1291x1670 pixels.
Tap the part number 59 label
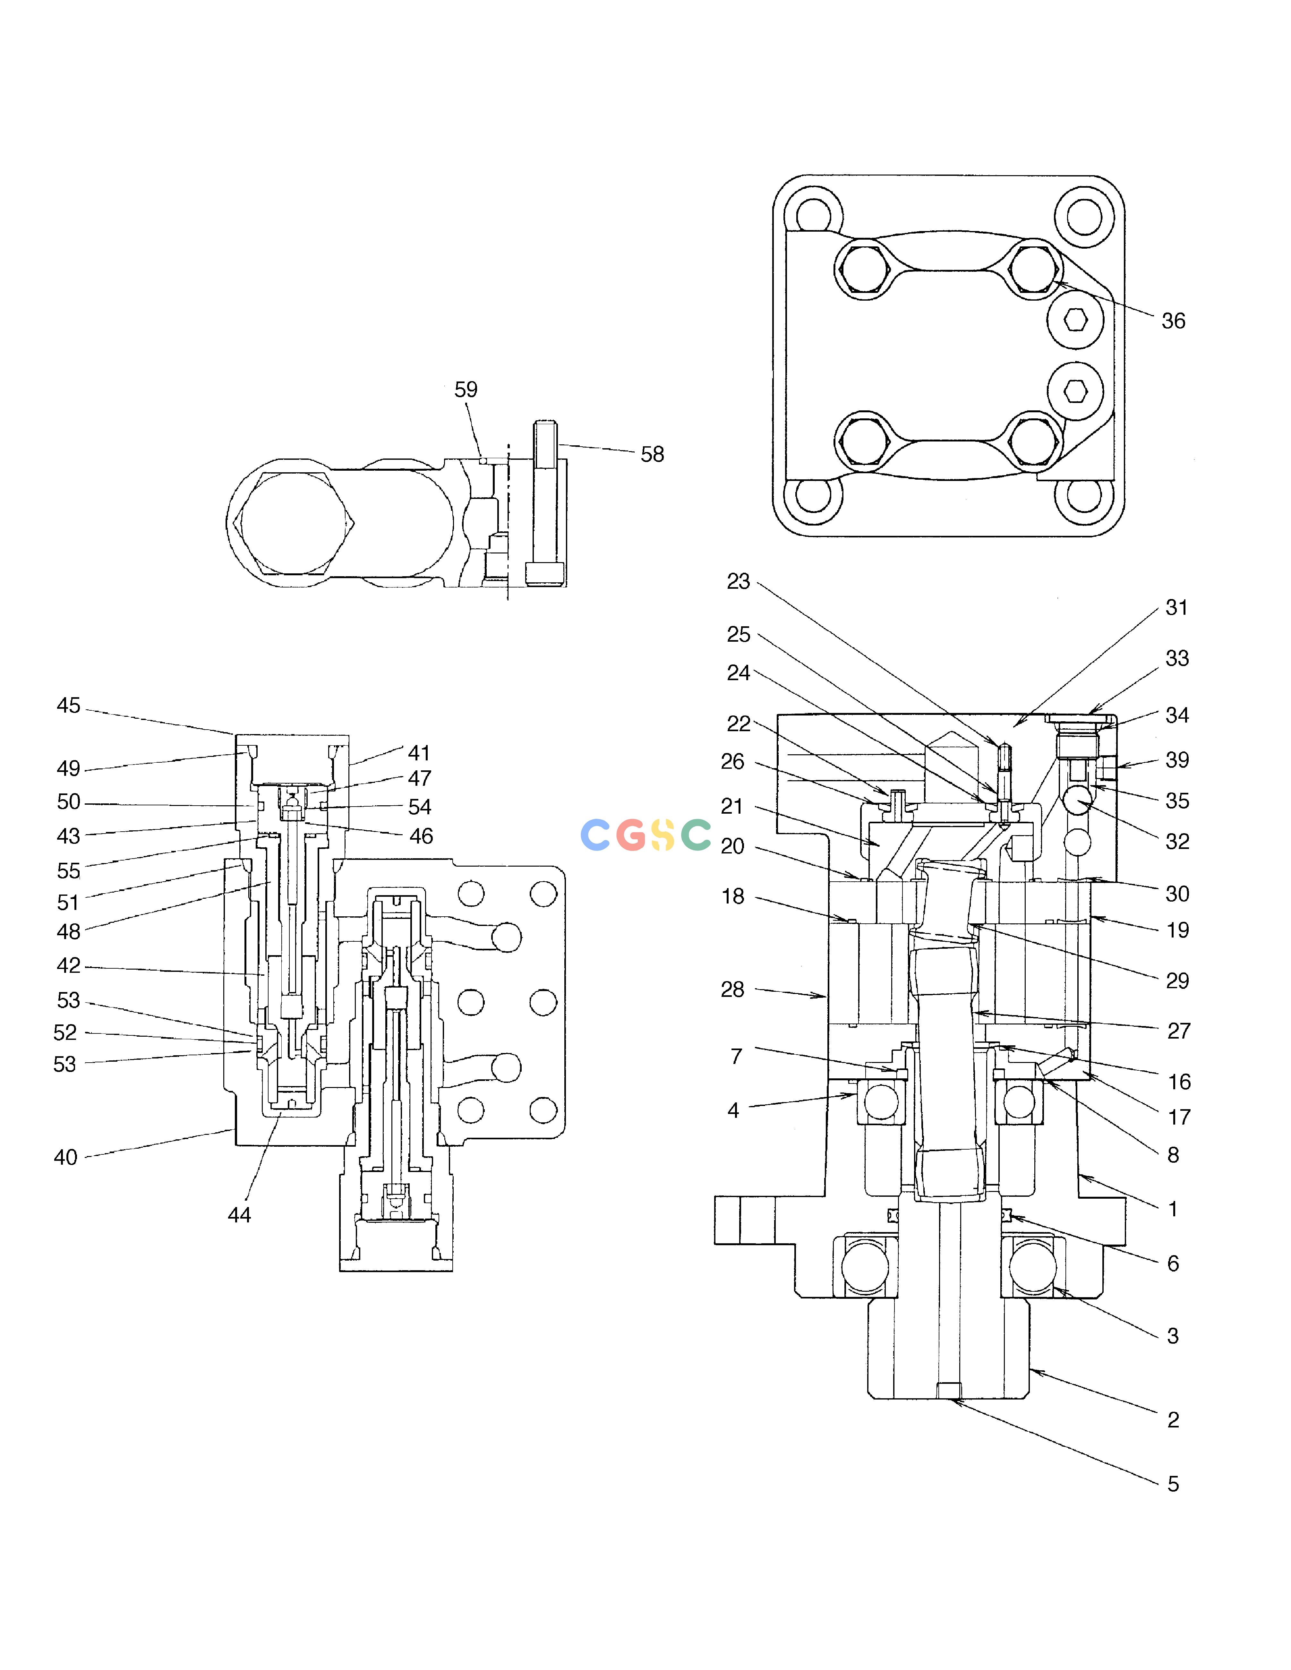coord(466,390)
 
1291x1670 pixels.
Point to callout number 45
coord(68,706)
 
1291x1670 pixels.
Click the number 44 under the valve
coord(239,1215)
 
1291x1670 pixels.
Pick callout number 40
coord(66,1158)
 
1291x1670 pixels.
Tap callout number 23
coord(738,582)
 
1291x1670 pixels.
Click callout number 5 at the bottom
coord(1173,1484)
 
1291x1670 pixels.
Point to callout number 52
coord(65,1033)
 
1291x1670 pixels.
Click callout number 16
coord(1179,1082)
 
